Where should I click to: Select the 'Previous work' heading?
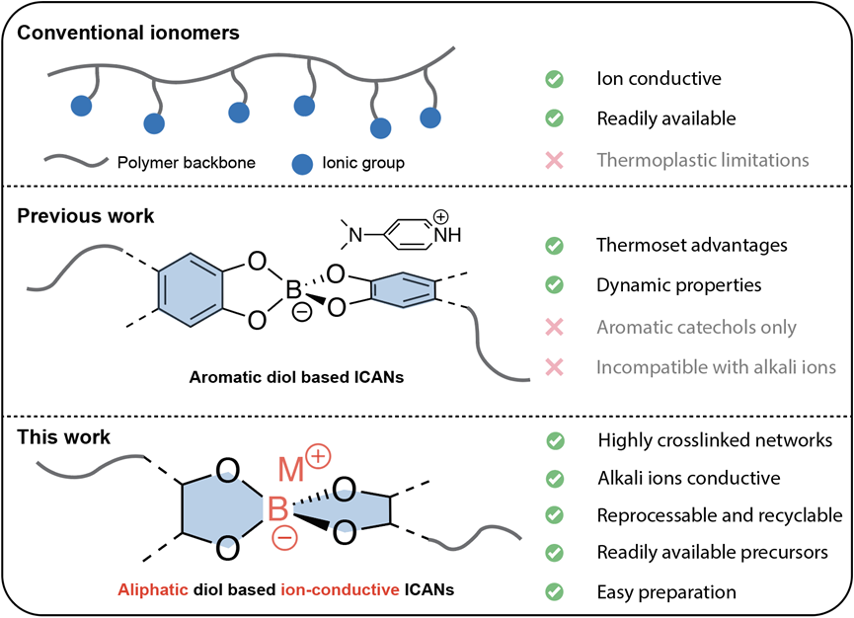[x=86, y=215]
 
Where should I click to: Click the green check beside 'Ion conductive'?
[x=555, y=79]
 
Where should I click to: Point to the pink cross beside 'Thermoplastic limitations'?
[x=555, y=159]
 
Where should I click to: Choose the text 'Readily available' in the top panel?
[x=666, y=118]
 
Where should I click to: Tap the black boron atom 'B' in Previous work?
[x=293, y=292]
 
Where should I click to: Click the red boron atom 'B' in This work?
[x=278, y=510]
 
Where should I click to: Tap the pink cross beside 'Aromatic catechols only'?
[x=555, y=327]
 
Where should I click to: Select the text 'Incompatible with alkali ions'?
[x=716, y=367]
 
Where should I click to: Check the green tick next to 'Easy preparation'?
[x=555, y=592]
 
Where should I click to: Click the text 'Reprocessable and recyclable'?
[x=720, y=515]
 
